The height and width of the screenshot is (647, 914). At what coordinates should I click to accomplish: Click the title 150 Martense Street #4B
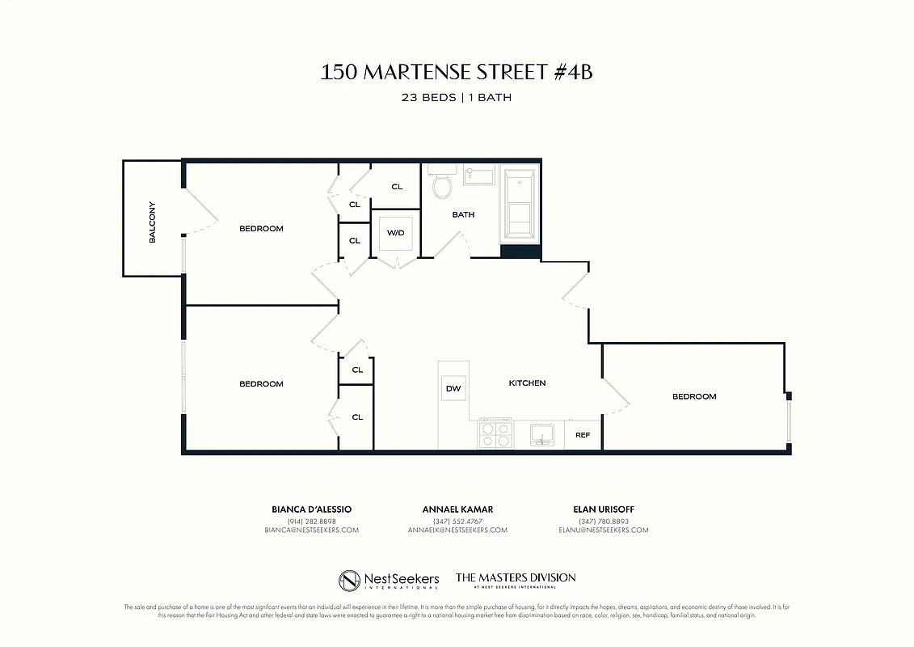(457, 72)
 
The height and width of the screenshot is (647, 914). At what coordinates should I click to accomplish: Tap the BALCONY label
(152, 222)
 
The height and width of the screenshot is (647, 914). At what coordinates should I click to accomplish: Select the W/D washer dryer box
(395, 234)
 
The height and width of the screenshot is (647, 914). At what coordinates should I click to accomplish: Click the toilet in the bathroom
(442, 184)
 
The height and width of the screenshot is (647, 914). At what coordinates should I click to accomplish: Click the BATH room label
(463, 215)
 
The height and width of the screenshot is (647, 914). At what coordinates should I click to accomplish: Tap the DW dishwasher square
(453, 389)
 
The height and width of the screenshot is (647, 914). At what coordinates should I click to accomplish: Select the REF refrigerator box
(583, 435)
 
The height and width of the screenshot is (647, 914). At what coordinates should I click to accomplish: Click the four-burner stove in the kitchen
(495, 434)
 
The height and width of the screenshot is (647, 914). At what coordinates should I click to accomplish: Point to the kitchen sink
(541, 435)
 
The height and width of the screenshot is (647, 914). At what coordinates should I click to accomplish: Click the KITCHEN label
(527, 383)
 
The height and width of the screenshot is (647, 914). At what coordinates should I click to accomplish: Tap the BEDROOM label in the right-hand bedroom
(694, 396)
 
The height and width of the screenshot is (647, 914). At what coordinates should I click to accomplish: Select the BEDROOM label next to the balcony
(261, 229)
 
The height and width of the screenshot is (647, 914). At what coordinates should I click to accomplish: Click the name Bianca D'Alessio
(311, 510)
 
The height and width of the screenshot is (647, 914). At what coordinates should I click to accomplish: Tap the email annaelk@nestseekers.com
(457, 531)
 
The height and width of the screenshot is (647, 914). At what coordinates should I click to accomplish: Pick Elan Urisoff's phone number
(604, 521)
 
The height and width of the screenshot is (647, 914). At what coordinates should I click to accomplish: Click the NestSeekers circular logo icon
(350, 580)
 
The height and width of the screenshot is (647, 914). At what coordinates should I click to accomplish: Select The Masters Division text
(516, 578)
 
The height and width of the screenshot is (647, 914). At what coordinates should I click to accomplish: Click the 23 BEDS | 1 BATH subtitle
(457, 97)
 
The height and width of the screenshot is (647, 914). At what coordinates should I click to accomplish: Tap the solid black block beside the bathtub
(520, 251)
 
